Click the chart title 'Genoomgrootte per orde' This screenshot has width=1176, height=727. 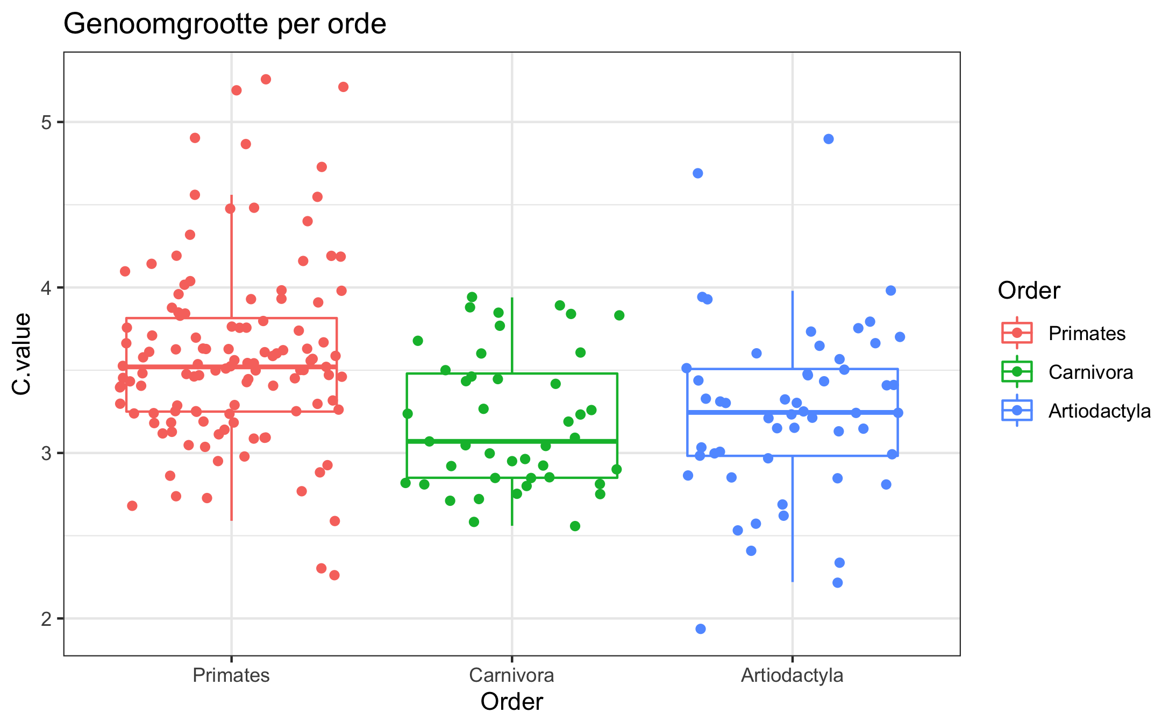[225, 24]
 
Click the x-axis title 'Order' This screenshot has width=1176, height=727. [511, 702]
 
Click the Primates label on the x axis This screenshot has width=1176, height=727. [231, 675]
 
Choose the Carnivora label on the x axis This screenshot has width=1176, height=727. [511, 675]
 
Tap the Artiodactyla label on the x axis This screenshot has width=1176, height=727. [792, 675]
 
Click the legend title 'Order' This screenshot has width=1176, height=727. [1029, 291]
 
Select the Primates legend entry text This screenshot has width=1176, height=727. [1087, 334]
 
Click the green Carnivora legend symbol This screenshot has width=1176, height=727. [1017, 372]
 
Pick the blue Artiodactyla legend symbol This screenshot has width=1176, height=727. [1017, 411]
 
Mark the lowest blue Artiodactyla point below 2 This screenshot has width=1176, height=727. [700, 629]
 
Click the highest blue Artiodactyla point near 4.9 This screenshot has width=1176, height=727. [828, 139]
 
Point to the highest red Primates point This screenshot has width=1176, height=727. [266, 79]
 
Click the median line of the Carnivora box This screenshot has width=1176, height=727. [511, 441]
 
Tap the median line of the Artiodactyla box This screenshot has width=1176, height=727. [792, 412]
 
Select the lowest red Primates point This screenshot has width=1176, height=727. [334, 575]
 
